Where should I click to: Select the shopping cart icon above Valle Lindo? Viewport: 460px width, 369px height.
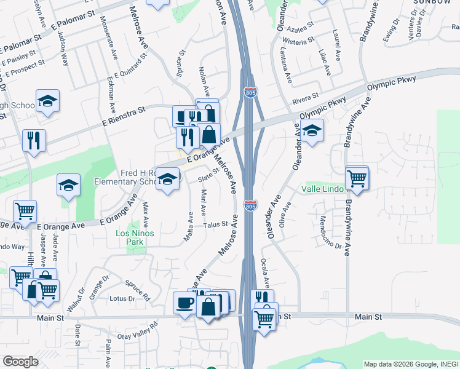pos(357,178)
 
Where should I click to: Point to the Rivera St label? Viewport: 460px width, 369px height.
pos(306,98)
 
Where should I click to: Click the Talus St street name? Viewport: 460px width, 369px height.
pos(216,225)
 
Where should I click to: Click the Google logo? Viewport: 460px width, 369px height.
pos(20,362)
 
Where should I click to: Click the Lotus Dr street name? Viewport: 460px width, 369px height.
pos(122,299)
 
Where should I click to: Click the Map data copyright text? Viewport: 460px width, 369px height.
pos(411,363)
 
